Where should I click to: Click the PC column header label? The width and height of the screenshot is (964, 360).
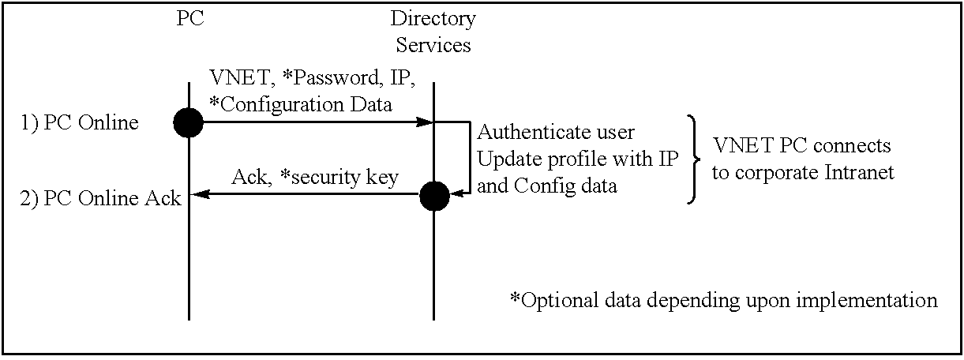click(189, 18)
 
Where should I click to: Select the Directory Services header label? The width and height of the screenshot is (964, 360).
click(433, 32)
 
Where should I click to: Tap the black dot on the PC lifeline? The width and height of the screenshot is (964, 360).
click(188, 122)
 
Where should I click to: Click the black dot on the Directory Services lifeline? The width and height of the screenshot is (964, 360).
click(435, 196)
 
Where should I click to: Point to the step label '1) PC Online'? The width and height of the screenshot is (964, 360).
click(80, 123)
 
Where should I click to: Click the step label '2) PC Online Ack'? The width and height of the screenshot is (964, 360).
click(101, 198)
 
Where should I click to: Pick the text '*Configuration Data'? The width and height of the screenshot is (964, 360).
click(300, 105)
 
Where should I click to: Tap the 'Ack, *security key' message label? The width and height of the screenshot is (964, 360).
click(315, 178)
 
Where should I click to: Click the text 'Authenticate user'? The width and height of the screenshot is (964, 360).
click(556, 132)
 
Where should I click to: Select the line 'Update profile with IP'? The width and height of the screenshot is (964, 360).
click(578, 159)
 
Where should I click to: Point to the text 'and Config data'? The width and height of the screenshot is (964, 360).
click(547, 186)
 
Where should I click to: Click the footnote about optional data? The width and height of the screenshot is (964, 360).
click(723, 300)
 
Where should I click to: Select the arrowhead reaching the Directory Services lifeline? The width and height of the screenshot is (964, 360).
click(424, 122)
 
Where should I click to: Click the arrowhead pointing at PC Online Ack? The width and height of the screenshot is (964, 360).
click(200, 194)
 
